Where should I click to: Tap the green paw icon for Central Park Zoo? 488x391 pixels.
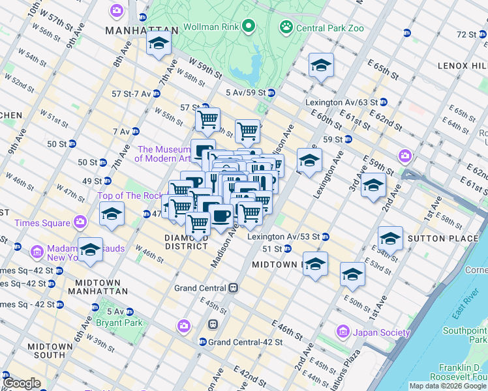(x=286, y=27)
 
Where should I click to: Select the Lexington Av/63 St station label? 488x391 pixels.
(x=341, y=102)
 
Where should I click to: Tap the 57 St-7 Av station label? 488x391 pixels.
(x=131, y=94)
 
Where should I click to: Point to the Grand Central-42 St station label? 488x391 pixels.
(x=245, y=341)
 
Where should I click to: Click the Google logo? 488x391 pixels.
(x=22, y=384)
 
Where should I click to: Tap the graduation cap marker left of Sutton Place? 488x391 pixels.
(x=390, y=239)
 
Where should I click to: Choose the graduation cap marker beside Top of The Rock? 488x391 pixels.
(x=112, y=214)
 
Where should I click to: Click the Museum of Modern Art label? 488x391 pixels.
(x=163, y=154)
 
